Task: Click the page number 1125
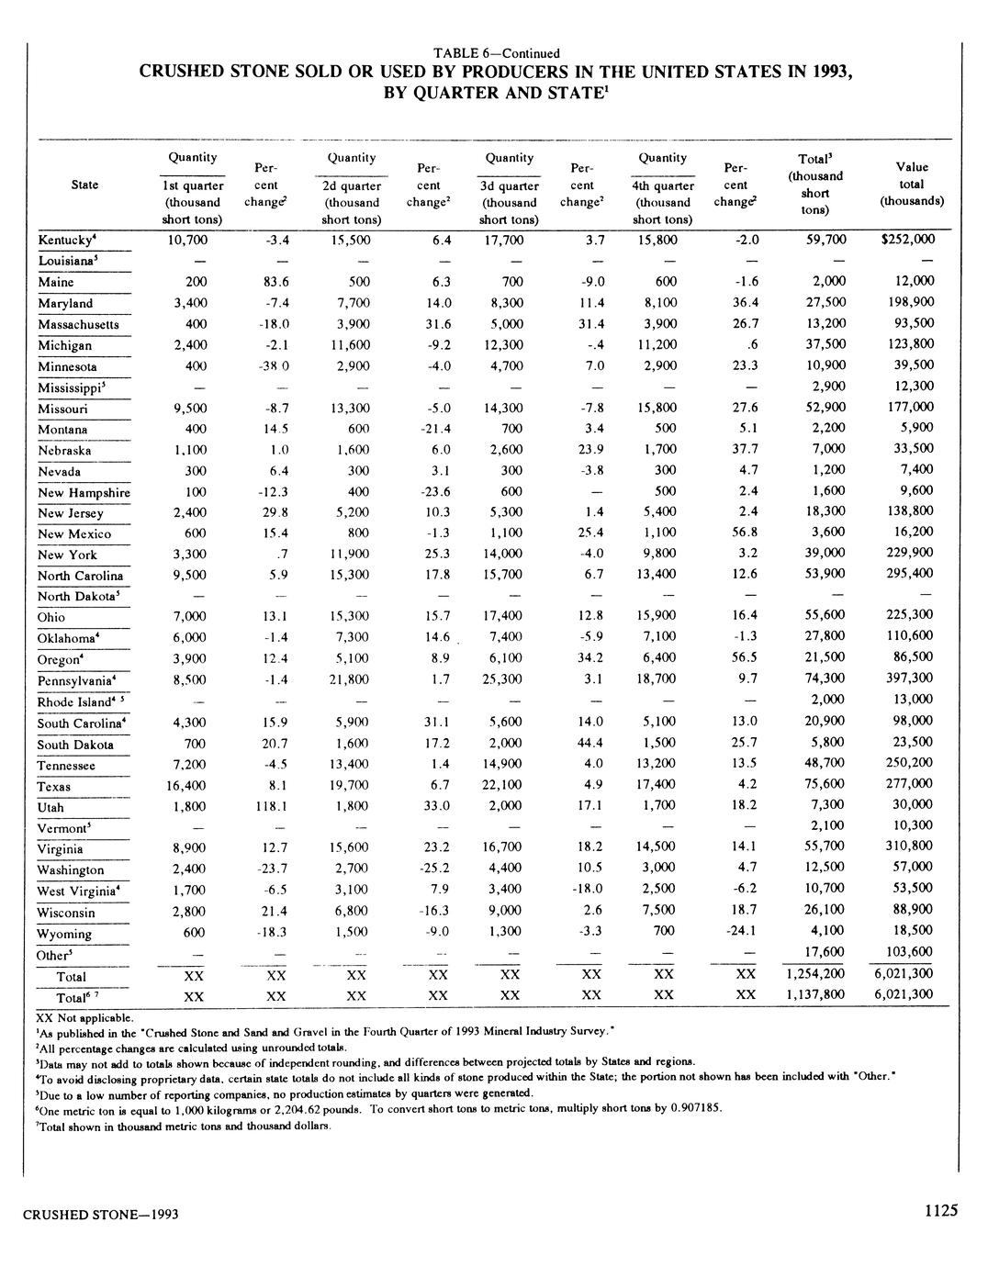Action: [941, 1211]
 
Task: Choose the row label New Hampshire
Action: [84, 493]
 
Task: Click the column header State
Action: [84, 185]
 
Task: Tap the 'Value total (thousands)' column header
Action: [912, 184]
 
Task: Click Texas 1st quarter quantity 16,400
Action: [186, 786]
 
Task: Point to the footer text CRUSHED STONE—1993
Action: [100, 1215]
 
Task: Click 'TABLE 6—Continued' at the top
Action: [496, 53]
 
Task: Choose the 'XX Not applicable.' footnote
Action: [84, 1017]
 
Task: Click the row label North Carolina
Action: [81, 577]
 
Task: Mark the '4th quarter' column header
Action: [663, 185]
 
